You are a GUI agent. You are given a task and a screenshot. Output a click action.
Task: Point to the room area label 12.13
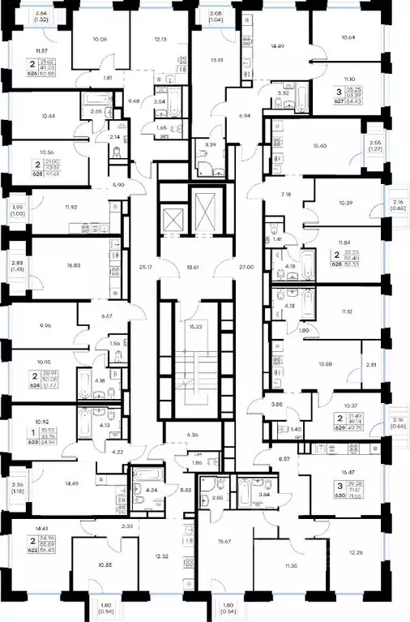160,39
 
